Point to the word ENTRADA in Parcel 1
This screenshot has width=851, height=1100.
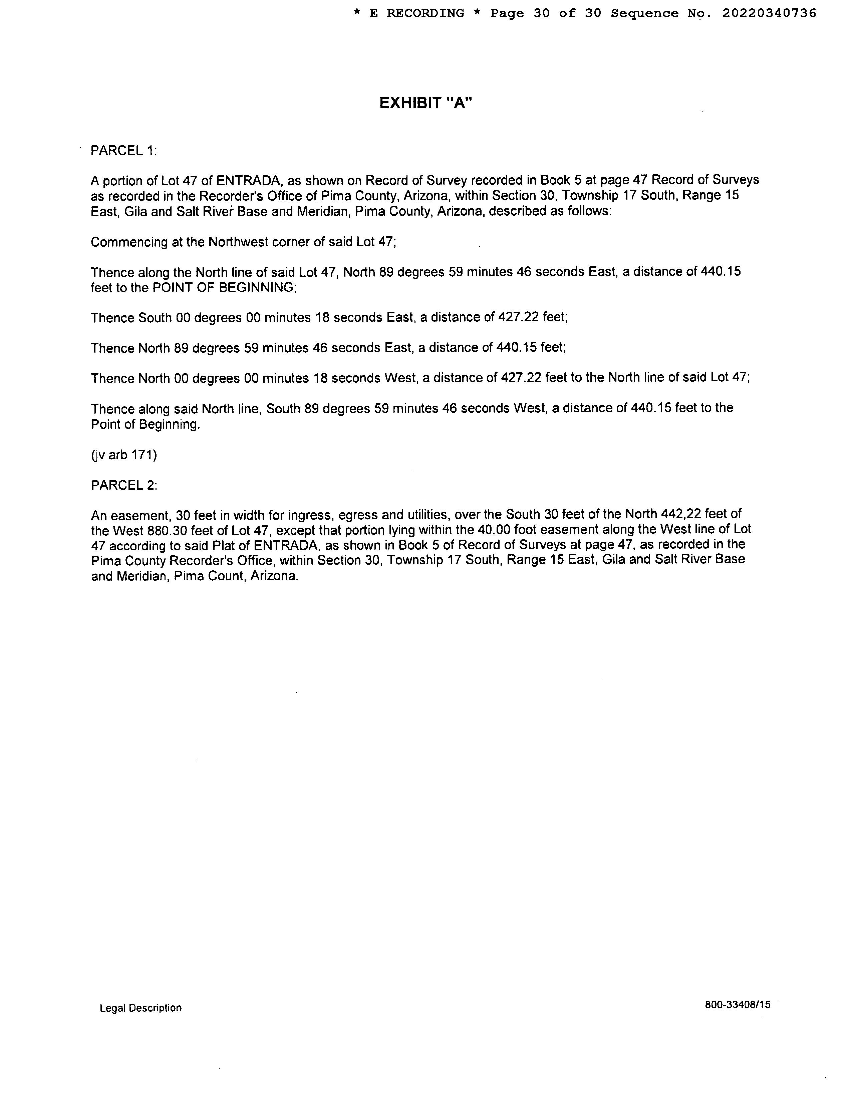pos(248,180)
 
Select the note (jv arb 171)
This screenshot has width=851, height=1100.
pos(124,455)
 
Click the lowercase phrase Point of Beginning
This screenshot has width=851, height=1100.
pos(145,425)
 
